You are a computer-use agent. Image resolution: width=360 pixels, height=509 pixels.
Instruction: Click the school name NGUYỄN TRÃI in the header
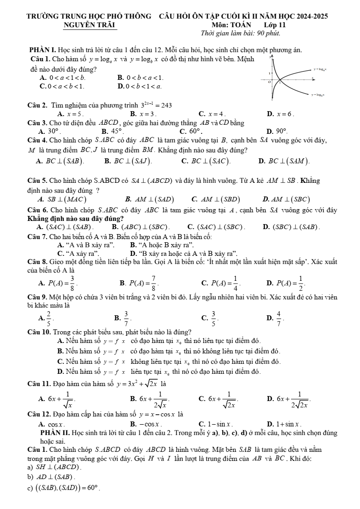tap(90, 24)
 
